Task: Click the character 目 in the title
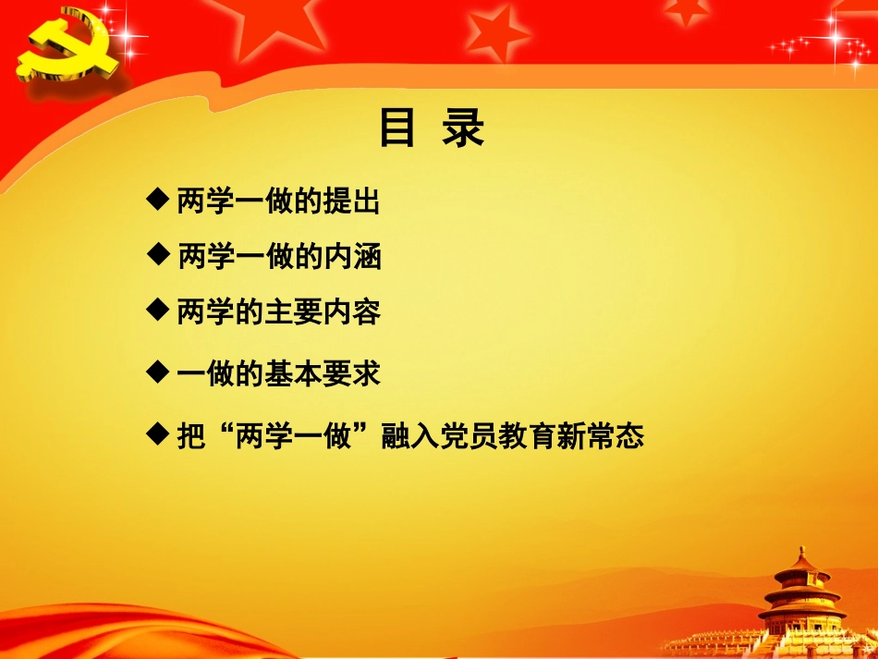coord(397,128)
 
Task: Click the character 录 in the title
coord(463,128)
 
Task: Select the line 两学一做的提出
coord(277,202)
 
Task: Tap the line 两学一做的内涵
coord(278,257)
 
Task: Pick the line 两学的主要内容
coord(278,312)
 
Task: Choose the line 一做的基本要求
coord(278,373)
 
